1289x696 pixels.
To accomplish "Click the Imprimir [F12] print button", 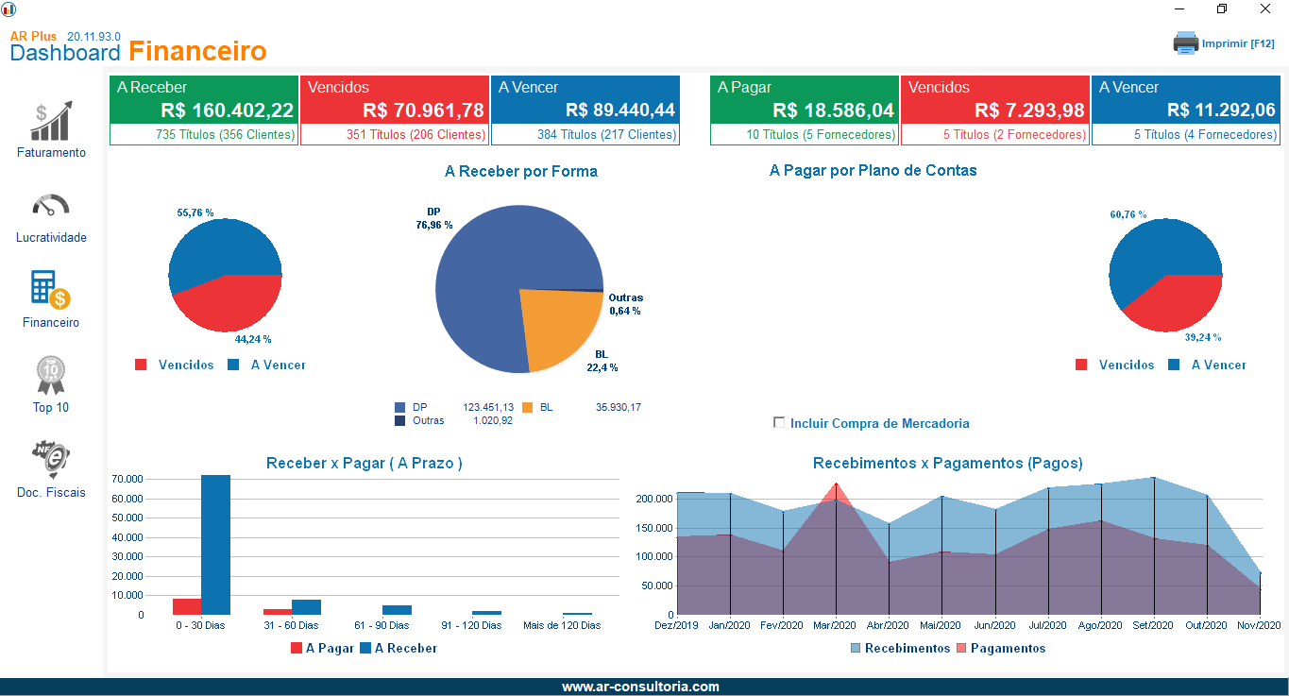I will [1224, 43].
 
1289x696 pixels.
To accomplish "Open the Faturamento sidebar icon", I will [51, 122].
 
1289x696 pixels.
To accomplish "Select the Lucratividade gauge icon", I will [51, 206].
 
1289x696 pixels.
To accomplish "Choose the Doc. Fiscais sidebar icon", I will [51, 460].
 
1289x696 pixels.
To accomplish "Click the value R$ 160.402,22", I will [227, 110].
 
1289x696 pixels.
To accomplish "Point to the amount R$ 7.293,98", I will [1029, 110].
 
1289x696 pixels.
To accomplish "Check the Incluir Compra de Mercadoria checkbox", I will [779, 423].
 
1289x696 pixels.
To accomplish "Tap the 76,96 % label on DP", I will [434, 225].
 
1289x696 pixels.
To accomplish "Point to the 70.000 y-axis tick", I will [127, 479].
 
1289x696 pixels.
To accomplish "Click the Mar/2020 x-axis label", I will [835, 625].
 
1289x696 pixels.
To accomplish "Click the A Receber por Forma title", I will [520, 172].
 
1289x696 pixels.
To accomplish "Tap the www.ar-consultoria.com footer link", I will [640, 687].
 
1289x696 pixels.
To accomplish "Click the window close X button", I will [1264, 8].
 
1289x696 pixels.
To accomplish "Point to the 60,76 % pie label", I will [1128, 214].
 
